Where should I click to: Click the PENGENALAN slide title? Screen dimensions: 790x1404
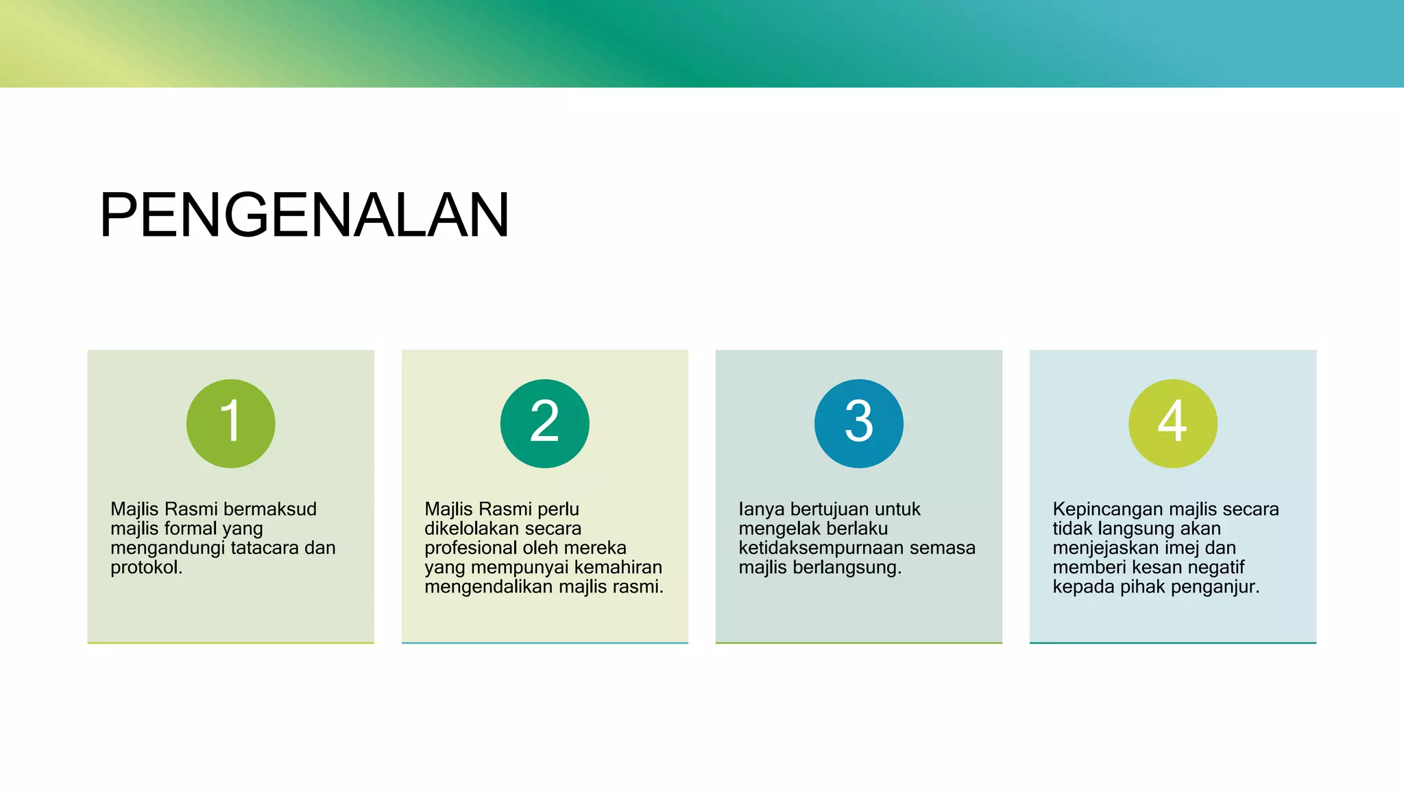304,215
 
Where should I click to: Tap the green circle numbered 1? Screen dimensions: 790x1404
231,423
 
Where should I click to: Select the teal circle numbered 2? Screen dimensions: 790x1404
545,423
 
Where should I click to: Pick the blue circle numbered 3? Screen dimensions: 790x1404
859,423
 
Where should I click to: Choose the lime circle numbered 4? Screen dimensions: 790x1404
1173,423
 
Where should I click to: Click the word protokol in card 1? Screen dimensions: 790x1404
146,568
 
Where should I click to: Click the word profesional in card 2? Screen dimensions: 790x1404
468,548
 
